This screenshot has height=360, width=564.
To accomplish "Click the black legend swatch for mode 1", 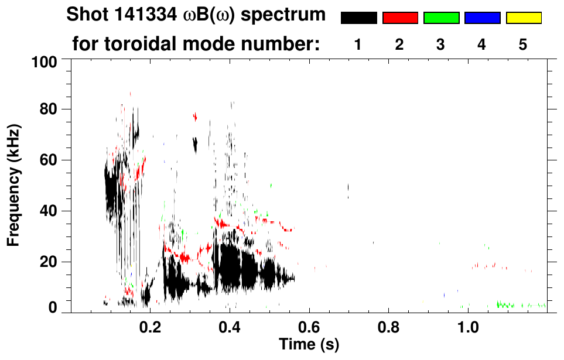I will click(x=358, y=18).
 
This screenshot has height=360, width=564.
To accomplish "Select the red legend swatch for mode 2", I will click(x=400, y=18).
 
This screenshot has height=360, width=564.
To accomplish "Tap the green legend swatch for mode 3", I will click(x=441, y=18).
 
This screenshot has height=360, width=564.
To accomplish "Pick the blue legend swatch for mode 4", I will click(x=482, y=18).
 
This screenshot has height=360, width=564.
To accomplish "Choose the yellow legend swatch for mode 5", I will click(x=524, y=18).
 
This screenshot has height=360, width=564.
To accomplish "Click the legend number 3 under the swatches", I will click(x=441, y=44).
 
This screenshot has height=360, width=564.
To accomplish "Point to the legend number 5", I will click(x=523, y=44).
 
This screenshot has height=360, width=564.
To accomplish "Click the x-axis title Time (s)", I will click(x=309, y=344).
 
